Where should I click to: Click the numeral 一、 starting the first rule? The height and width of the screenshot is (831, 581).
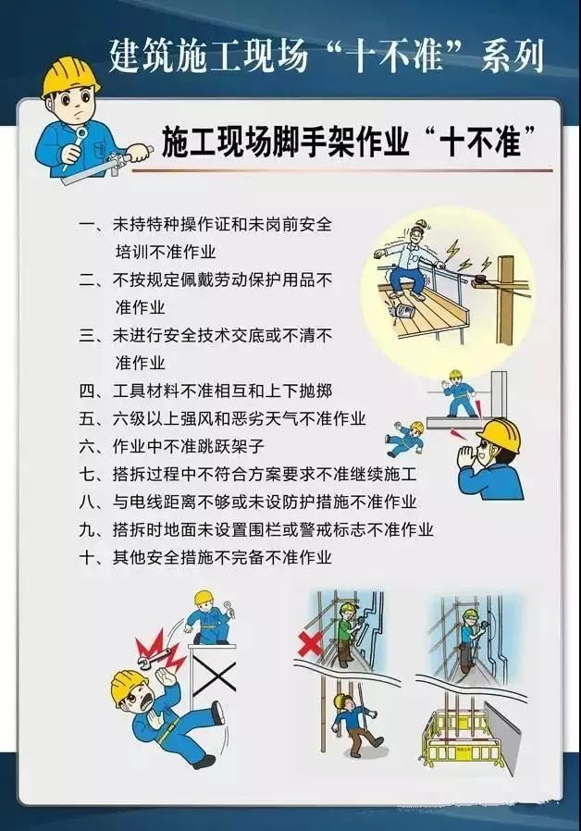click(x=93, y=224)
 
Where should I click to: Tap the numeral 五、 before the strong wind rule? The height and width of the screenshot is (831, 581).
click(x=93, y=418)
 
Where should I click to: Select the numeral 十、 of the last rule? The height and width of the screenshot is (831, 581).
click(x=93, y=557)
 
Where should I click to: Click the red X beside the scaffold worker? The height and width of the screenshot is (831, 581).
click(x=309, y=644)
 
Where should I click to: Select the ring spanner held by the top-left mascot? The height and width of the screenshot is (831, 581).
click(x=77, y=145)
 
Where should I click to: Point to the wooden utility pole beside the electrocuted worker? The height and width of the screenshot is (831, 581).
click(x=506, y=300)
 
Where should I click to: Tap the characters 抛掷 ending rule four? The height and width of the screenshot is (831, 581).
click(x=316, y=391)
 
